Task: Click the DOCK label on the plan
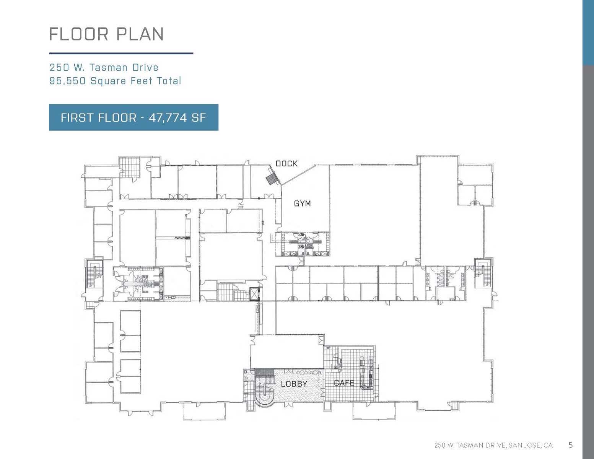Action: coord(286,163)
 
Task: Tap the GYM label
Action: coord(302,203)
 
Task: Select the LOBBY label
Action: coord(294,384)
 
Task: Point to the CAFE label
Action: coord(344,383)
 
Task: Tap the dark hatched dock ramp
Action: coord(272,179)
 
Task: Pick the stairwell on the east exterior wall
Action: coord(483,273)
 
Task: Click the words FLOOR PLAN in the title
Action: coord(106,34)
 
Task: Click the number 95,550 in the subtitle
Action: coord(68,81)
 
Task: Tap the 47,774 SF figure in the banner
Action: coord(177,117)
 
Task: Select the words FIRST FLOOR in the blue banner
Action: coord(98,117)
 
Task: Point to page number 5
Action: coord(571,445)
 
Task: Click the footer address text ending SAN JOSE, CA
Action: coord(493,445)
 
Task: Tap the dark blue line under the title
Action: coord(121,53)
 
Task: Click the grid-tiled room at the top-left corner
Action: coord(130,167)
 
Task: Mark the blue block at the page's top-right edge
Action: coord(588,33)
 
